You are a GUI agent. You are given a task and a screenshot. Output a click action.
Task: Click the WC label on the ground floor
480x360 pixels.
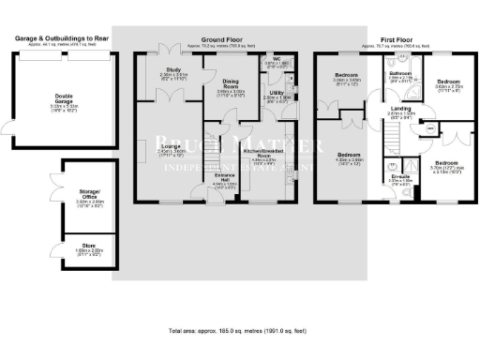click(278, 58)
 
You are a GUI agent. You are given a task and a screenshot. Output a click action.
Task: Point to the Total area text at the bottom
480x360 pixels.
click(240, 331)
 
